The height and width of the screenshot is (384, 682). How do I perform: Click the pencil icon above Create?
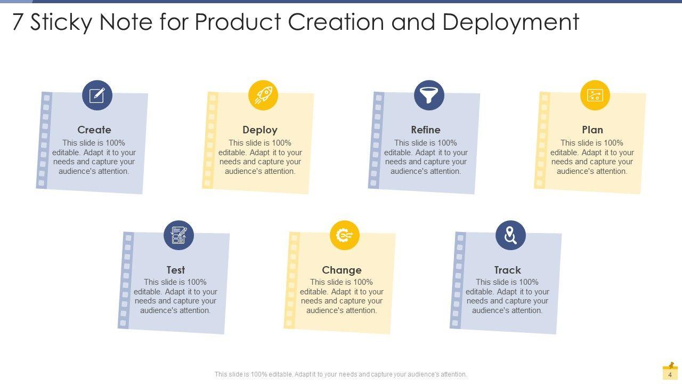click(x=97, y=95)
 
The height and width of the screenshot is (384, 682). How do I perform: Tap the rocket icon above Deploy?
click(x=263, y=95)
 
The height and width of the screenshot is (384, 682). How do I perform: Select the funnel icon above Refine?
click(x=429, y=95)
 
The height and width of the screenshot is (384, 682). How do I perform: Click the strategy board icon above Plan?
click(x=595, y=95)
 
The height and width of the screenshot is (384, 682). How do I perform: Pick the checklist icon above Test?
click(x=178, y=235)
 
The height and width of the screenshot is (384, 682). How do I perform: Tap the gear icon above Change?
click(x=345, y=235)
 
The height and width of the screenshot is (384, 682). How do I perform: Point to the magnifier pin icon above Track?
click(x=510, y=235)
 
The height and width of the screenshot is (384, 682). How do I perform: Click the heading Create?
click(x=94, y=130)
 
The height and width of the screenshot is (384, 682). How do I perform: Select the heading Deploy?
click(x=260, y=130)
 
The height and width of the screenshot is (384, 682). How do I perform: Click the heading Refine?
click(x=426, y=130)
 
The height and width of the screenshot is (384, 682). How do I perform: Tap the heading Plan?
click(x=592, y=130)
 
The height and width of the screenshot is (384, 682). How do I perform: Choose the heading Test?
click(x=176, y=270)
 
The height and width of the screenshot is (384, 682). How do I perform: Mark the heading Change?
click(x=342, y=270)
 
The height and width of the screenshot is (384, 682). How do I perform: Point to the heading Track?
click(x=507, y=270)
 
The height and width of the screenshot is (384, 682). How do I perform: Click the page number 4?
click(x=670, y=375)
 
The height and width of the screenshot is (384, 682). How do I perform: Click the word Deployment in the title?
click(x=510, y=23)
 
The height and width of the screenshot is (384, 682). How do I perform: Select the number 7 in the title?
click(x=18, y=23)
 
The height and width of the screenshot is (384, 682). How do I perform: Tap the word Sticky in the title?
click(x=63, y=23)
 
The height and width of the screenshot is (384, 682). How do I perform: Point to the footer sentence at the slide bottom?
click(x=341, y=374)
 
